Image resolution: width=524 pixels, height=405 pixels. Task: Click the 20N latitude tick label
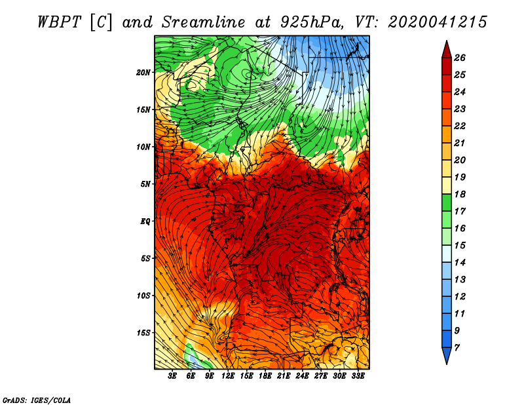tap(143, 73)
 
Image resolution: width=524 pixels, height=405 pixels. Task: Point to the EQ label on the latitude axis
tap(145, 222)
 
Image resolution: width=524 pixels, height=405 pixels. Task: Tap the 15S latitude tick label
tap(143, 333)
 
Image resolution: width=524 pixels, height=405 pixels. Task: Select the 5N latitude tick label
tap(145, 184)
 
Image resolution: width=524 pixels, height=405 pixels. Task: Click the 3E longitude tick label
tap(172, 376)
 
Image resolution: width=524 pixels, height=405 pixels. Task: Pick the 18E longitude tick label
tap(265, 376)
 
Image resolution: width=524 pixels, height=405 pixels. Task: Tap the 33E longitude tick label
tap(358, 376)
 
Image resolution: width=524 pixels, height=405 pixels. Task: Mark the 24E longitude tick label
tap(302, 376)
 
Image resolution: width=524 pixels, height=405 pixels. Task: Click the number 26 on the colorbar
tap(460, 58)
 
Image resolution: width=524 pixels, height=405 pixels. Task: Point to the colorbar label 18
tap(460, 194)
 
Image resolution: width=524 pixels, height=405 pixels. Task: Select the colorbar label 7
tap(457, 348)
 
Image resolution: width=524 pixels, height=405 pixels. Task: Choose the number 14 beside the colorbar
tap(460, 263)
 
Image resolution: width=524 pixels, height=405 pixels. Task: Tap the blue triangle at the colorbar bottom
tap(447, 355)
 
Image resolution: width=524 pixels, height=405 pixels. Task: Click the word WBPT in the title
tap(59, 22)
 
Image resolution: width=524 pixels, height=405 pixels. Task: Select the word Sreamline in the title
tap(204, 22)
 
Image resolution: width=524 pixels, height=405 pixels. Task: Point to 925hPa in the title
tap(312, 22)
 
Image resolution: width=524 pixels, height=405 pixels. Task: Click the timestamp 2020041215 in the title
tap(438, 22)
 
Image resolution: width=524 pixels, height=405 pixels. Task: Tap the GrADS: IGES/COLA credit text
tap(37, 400)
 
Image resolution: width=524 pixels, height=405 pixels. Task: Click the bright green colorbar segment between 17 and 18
tap(447, 202)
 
